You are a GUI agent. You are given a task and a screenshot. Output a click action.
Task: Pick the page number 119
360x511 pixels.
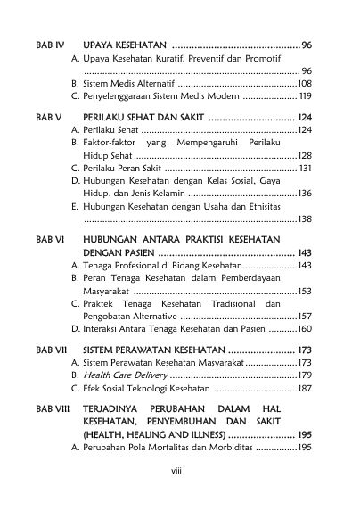(x=304, y=95)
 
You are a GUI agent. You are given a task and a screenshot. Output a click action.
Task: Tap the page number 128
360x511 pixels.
(x=304, y=155)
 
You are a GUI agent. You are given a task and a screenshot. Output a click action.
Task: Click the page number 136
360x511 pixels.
(x=304, y=193)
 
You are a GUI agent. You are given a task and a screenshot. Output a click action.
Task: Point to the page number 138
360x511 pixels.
(x=304, y=218)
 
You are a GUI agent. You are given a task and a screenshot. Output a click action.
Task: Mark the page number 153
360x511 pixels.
(x=304, y=291)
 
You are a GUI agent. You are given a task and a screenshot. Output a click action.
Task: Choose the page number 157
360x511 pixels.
(x=304, y=316)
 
